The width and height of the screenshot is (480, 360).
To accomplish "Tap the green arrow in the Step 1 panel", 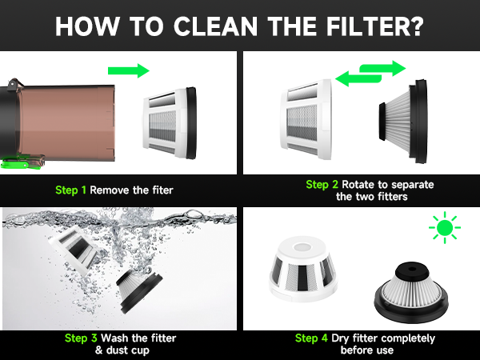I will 128,70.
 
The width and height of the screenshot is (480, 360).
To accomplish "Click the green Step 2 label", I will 322,185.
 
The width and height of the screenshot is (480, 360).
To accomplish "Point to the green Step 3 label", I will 80,338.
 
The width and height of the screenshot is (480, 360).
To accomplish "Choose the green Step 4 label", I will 311,338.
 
